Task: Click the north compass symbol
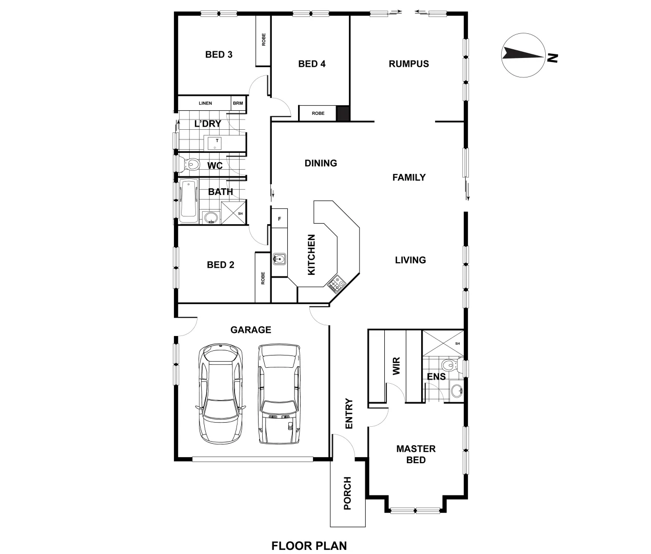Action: (x=524, y=55)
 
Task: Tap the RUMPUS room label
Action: (x=408, y=64)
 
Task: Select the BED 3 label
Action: (x=219, y=54)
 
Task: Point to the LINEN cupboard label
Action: (x=205, y=104)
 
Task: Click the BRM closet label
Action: (x=238, y=104)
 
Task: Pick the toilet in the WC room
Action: (x=192, y=165)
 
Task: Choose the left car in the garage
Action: (x=221, y=393)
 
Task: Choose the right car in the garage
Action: (x=280, y=393)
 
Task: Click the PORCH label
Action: (x=347, y=493)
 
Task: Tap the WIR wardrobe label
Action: (x=396, y=367)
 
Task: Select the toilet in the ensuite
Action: (x=449, y=365)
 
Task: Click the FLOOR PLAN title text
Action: (x=309, y=545)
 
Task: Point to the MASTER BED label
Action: (x=416, y=454)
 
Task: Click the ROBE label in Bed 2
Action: (x=263, y=278)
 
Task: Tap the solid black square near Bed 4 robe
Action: (x=343, y=113)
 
